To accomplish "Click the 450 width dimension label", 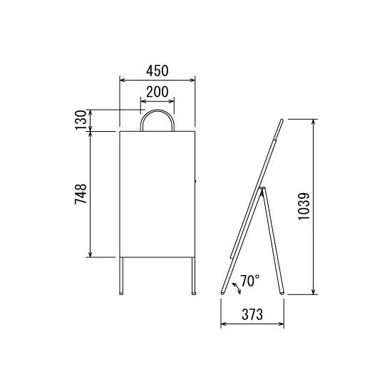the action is click(158, 71).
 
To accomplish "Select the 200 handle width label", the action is click(158, 92).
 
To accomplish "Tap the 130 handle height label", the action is click(81, 120).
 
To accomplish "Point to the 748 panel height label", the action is click(81, 194).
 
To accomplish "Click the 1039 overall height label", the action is click(304, 206).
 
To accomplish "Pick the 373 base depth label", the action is click(252, 314).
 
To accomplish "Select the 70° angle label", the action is click(250, 281).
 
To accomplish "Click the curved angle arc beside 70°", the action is click(237, 288).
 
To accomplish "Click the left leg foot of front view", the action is click(121, 293).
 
